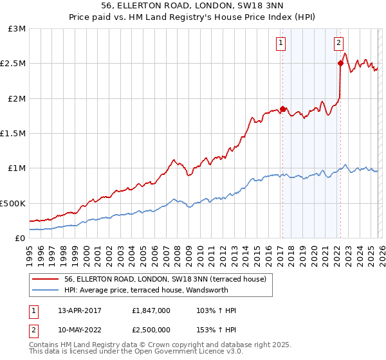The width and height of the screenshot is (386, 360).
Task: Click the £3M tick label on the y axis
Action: tap(17, 29)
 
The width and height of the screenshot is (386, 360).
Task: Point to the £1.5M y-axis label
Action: tap(13, 134)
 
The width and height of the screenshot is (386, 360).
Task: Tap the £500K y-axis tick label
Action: tap(13, 203)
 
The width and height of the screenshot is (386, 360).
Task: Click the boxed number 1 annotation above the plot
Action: tap(282, 43)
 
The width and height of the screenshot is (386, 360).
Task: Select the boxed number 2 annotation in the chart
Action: tap(339, 43)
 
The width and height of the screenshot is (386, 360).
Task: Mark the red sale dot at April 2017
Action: tap(282, 109)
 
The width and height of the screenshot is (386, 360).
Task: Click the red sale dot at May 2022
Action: tap(340, 63)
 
